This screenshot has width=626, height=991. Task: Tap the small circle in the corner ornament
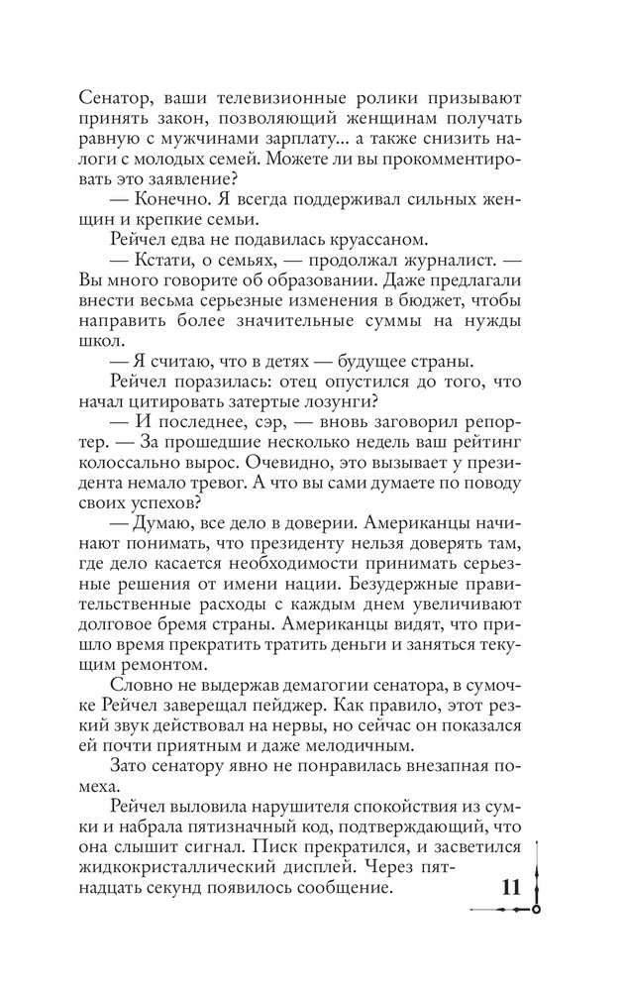point(536,908)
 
